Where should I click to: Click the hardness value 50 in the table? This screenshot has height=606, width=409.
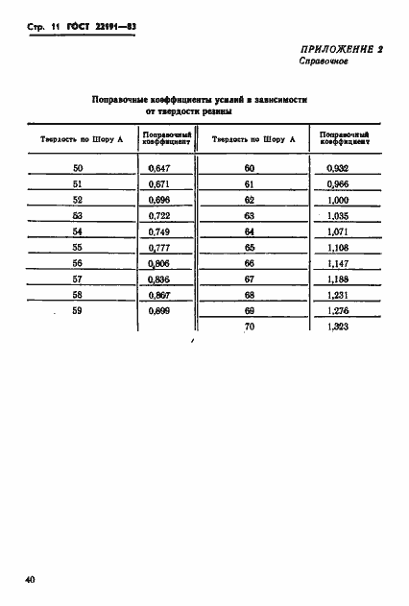tap(78, 168)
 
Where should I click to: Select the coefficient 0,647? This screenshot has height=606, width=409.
tap(159, 168)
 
